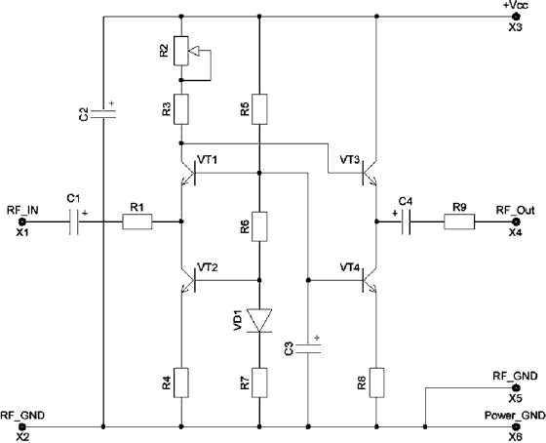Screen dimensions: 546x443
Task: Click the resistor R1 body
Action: click(x=137, y=221)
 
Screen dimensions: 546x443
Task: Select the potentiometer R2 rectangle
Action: click(x=181, y=51)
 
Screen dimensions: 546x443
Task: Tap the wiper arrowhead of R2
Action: click(x=194, y=51)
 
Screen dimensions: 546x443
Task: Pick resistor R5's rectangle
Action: click(x=259, y=109)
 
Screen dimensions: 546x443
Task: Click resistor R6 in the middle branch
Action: click(x=259, y=226)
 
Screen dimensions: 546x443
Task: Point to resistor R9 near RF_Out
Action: click(x=459, y=221)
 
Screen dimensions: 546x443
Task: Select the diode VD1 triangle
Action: click(x=259, y=320)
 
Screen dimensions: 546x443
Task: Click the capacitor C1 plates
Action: click(x=74, y=221)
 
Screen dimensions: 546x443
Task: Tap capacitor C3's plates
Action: click(x=308, y=349)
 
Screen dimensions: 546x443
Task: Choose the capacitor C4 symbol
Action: click(x=406, y=221)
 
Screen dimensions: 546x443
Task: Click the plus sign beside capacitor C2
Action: click(x=112, y=103)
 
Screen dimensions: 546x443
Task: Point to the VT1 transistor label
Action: click(x=207, y=160)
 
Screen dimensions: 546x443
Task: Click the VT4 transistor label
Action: click(x=350, y=267)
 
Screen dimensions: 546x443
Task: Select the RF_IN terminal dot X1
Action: click(x=22, y=221)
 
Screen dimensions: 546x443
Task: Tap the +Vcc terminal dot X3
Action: click(x=516, y=17)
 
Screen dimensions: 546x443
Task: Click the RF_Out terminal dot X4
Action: click(x=516, y=221)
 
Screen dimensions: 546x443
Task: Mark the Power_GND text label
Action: click(x=515, y=416)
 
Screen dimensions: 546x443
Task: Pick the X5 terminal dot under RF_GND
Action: click(x=516, y=387)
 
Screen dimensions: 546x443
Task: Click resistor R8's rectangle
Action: click(x=376, y=383)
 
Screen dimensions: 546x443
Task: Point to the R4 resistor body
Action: click(x=181, y=383)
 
